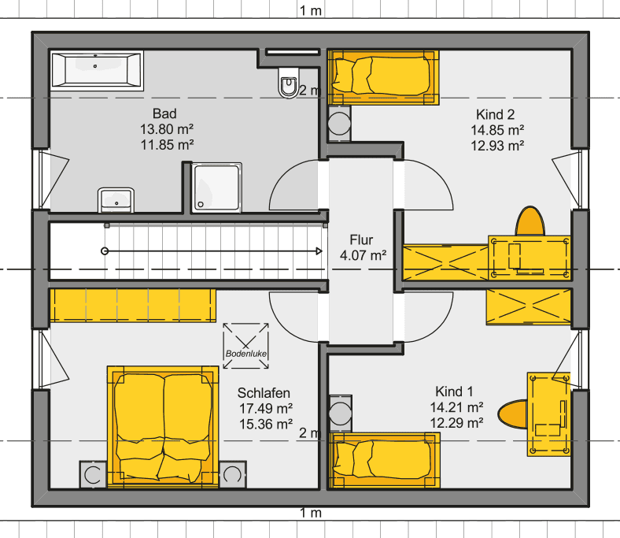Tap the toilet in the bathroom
[289, 83]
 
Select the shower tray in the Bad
[216, 187]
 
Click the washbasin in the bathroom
[116, 200]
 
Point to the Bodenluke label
[246, 354]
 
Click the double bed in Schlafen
[163, 425]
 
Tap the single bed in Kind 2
[383, 77]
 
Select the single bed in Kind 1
[383, 460]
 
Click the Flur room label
[361, 240]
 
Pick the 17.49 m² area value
[266, 408]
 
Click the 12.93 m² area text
[497, 146]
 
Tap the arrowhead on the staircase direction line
[319, 251]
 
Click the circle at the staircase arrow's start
[105, 251]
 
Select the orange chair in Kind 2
[530, 221]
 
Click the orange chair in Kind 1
[513, 414]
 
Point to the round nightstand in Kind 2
[339, 123]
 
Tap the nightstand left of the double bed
[94, 474]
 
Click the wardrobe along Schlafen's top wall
[133, 305]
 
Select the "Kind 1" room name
[454, 391]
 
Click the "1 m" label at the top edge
[311, 11]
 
